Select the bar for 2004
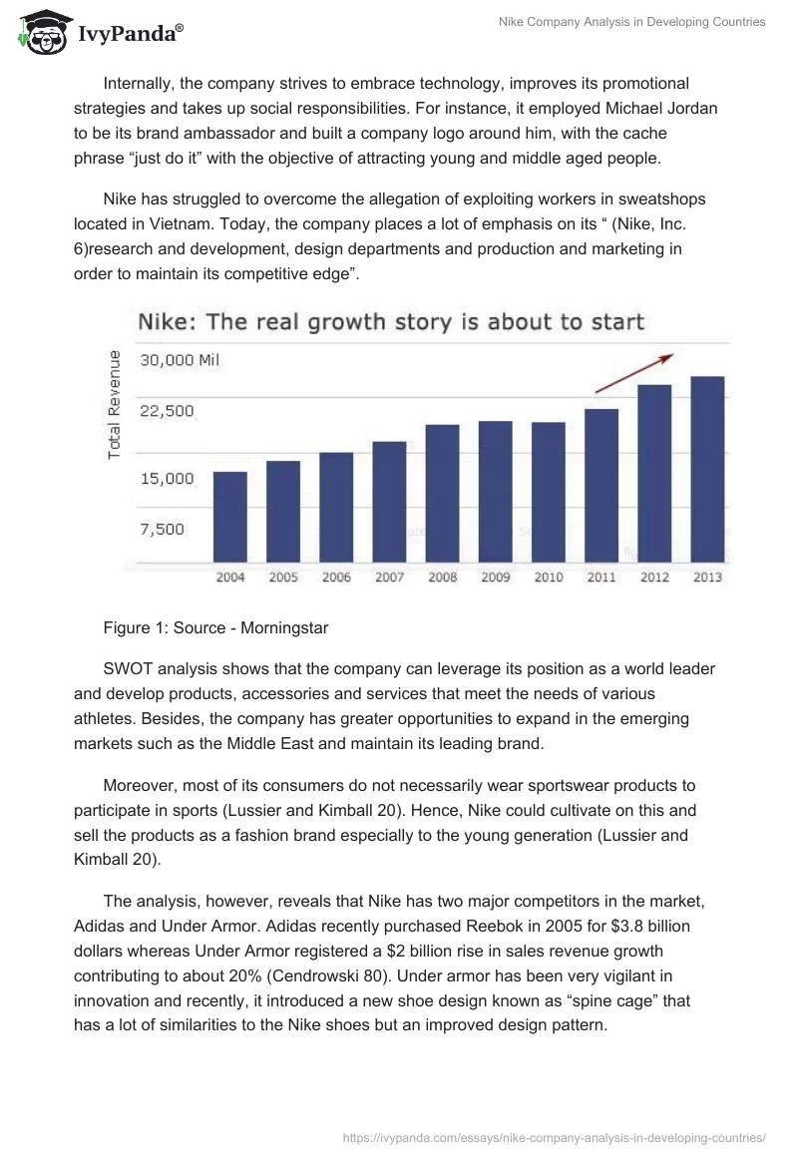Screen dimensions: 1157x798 click(x=229, y=516)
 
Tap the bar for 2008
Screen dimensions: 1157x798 click(x=442, y=493)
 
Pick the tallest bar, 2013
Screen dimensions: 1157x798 click(x=707, y=469)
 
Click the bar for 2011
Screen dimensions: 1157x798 click(x=601, y=486)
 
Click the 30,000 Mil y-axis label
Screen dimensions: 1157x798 click(x=178, y=361)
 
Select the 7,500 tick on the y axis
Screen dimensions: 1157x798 click(x=161, y=529)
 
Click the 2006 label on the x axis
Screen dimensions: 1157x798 click(x=336, y=578)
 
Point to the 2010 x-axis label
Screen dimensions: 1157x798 click(x=548, y=578)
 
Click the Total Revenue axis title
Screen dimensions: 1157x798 click(x=115, y=405)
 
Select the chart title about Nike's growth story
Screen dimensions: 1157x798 click(x=390, y=322)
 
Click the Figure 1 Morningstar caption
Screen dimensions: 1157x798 click(x=214, y=628)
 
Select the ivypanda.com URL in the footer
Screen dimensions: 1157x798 click(x=554, y=1136)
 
